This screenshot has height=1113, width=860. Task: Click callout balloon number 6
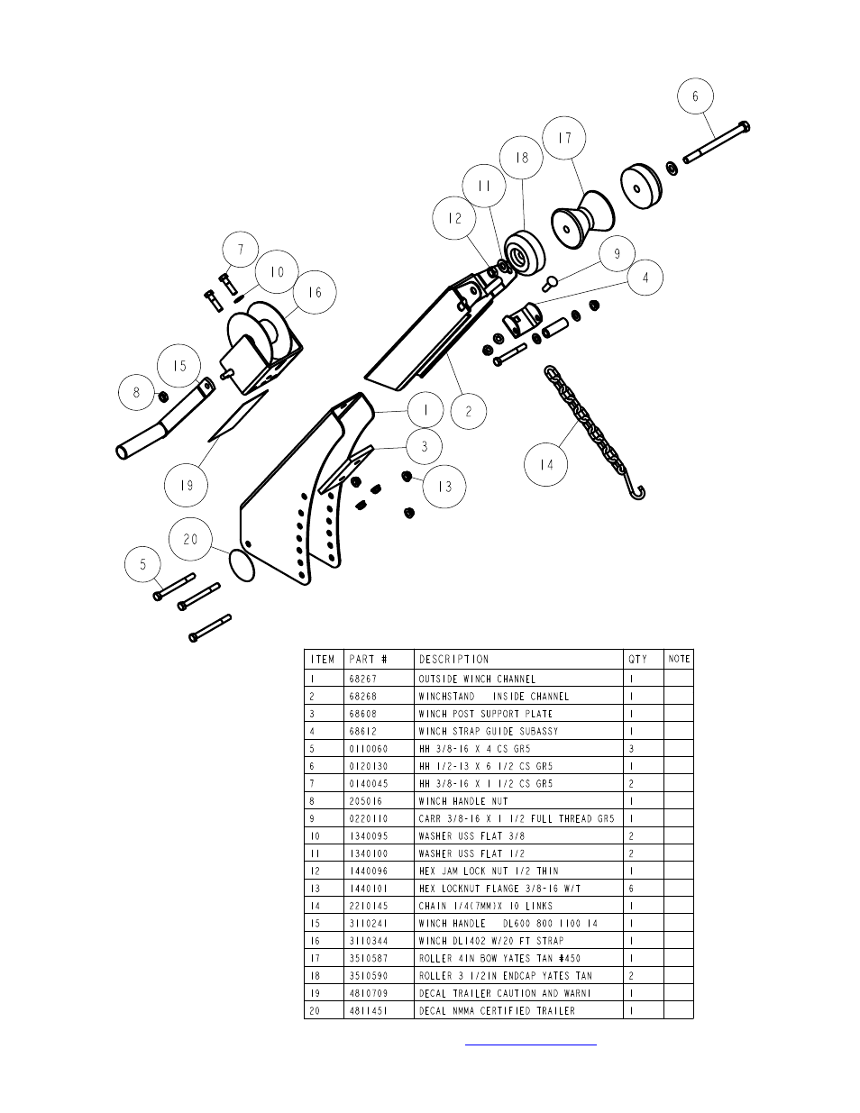coord(695,96)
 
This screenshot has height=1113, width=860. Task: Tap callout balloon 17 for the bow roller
coord(564,138)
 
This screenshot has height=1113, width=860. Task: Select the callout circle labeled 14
coord(546,464)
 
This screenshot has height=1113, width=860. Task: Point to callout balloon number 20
coord(190,539)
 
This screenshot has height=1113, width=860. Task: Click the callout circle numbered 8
coord(136,392)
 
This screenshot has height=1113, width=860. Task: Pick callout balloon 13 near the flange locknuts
coord(444,486)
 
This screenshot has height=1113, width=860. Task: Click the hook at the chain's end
coord(636,493)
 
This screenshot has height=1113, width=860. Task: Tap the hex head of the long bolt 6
coord(745,126)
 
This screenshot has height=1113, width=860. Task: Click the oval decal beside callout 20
coord(242,566)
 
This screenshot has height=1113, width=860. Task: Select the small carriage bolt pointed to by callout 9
coord(549,282)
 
